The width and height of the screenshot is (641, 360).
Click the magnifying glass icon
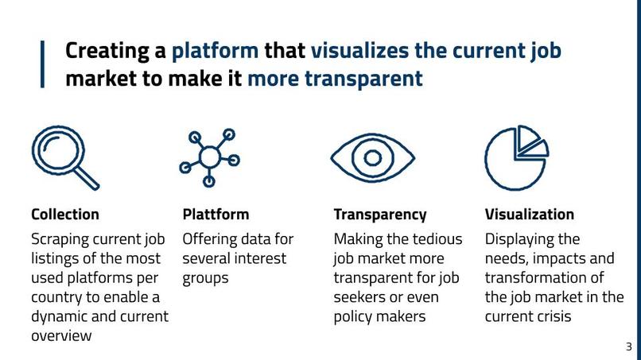[64, 157]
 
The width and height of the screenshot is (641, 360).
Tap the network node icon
[209, 157]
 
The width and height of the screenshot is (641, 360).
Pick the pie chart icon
[515, 156]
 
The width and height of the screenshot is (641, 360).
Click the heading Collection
[65, 215]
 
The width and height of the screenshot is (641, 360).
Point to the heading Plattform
[216, 215]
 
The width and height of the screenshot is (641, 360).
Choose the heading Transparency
[379, 215]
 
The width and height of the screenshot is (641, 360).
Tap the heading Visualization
[529, 215]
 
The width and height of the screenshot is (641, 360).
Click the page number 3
[628, 346]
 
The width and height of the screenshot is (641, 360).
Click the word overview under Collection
[61, 335]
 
